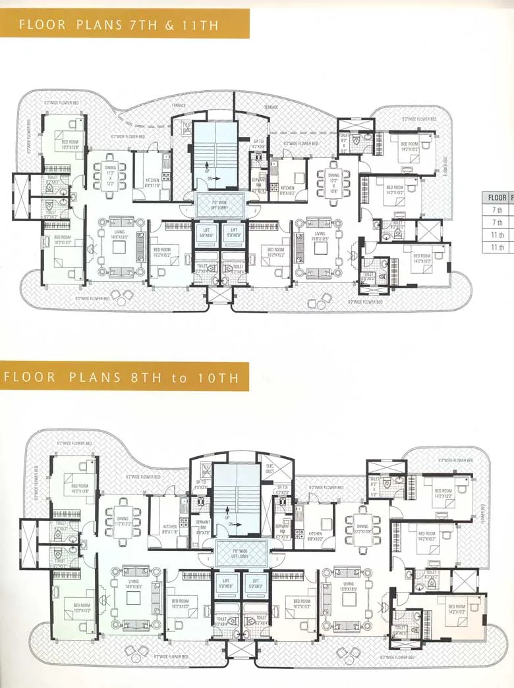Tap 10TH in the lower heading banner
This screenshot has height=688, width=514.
click(x=224, y=378)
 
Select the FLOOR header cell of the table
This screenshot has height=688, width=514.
click(x=497, y=197)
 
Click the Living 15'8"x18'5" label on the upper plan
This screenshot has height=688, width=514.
click(x=320, y=237)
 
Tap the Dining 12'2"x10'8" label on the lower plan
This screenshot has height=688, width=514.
click(x=362, y=528)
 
